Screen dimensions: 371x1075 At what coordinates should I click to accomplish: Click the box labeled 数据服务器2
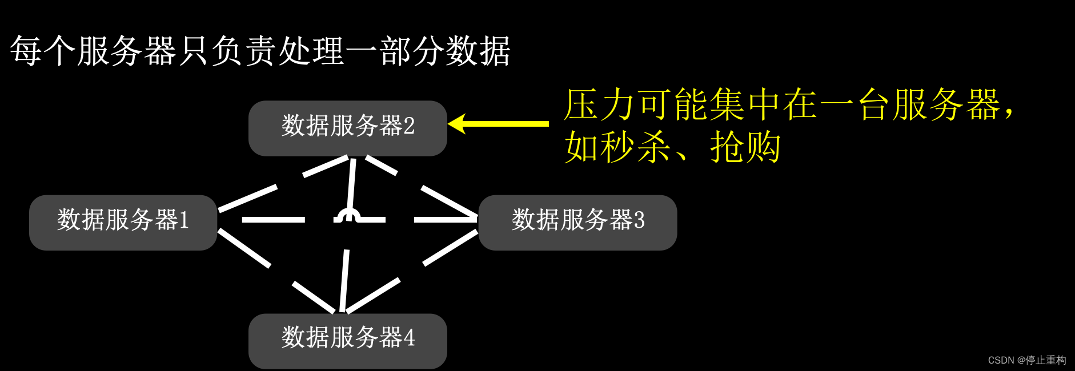(347, 128)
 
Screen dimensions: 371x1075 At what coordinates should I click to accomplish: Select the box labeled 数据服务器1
(123, 223)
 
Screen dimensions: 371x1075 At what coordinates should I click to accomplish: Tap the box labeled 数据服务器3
(577, 223)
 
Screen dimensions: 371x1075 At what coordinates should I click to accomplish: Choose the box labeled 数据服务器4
(347, 341)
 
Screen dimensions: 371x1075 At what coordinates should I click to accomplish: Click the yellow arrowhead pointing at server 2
(458, 123)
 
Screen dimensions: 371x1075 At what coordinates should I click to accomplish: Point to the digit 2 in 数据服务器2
(409, 126)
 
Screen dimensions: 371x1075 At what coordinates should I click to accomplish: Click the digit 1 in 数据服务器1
(184, 220)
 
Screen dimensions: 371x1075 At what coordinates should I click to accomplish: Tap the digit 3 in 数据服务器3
(639, 220)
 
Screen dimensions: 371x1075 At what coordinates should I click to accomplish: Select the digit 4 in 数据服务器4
(409, 338)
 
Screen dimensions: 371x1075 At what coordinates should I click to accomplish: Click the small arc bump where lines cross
(347, 215)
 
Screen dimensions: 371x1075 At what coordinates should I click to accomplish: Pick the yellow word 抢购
(745, 147)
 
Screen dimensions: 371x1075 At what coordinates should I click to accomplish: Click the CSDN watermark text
(1026, 360)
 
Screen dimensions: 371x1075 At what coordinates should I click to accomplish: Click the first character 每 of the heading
(26, 51)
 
